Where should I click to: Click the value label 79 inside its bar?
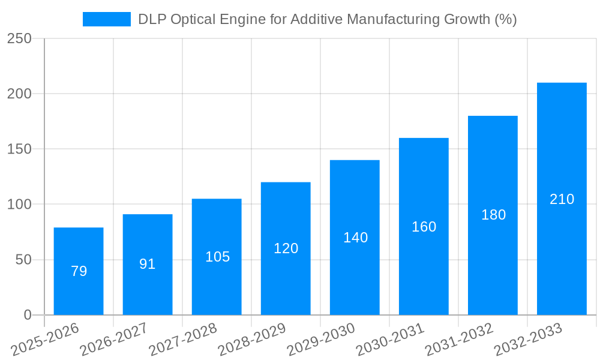79,271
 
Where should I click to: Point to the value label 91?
148,264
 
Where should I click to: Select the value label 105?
217,257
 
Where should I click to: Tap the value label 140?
355,238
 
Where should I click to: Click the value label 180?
493,215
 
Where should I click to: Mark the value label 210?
562,199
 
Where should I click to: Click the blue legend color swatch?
106,19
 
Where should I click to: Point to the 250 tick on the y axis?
19,38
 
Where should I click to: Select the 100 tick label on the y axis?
19,205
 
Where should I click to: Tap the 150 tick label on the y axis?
19,149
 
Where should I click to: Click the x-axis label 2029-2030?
322,340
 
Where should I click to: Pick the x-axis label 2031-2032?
460,340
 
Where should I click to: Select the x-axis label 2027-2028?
184,340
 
